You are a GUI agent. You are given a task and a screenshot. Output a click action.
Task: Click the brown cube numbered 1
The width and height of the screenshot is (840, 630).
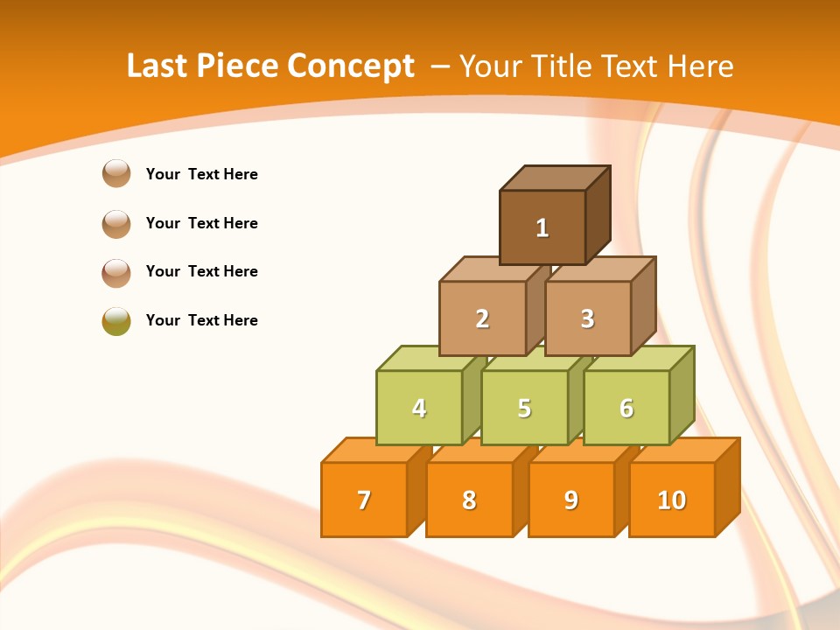542,227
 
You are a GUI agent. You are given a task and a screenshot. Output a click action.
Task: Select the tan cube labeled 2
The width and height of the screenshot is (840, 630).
482,318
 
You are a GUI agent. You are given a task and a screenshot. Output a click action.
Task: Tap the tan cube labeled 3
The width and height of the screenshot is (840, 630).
587,318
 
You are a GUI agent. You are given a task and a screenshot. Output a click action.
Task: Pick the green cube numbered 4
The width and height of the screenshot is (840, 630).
419,408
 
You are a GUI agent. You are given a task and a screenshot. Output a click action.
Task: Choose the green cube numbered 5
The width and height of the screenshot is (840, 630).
524,408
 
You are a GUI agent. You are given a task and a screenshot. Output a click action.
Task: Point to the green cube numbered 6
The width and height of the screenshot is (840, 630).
626,408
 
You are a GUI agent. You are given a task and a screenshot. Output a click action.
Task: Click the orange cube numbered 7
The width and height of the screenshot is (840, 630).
364,500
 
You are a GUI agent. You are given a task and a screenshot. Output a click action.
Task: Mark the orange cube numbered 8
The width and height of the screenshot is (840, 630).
469,500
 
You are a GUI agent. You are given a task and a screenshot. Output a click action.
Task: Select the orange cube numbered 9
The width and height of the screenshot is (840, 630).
570,500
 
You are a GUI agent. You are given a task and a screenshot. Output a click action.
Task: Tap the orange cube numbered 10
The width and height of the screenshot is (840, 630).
671,500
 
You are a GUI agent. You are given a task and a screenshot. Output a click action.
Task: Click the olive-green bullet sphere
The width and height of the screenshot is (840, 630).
116,321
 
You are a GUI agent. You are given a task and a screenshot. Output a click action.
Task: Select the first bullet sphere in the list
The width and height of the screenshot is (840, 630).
116,174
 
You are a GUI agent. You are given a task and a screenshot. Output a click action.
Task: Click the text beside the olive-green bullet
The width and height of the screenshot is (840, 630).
202,320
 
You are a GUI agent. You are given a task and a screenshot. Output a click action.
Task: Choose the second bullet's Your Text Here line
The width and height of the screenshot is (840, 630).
202,223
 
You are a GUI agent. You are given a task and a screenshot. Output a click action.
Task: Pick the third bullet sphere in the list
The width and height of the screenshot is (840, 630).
116,272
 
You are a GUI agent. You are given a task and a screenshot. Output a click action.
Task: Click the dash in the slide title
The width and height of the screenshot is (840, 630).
442,66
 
